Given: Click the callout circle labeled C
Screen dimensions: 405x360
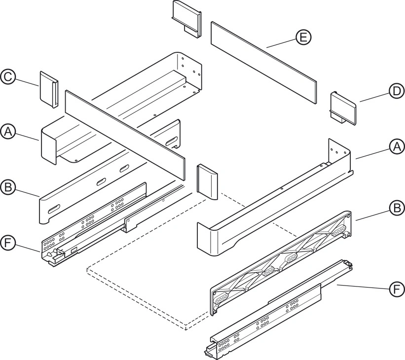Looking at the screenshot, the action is tap(8, 77).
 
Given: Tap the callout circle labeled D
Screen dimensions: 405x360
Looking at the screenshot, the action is tap(397, 91).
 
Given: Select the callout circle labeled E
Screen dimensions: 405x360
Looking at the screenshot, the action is tap(303, 37).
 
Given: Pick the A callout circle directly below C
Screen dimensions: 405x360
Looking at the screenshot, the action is tap(8, 132).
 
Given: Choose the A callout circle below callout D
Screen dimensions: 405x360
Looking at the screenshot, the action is tap(397, 146).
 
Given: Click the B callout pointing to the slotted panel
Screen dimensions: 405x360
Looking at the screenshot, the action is tap(8, 187).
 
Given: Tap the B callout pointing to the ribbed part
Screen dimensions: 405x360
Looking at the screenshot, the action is tap(397, 208).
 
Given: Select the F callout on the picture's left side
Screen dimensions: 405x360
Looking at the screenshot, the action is tap(8, 243).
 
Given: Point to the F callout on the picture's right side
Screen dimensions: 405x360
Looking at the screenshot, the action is tap(397, 289).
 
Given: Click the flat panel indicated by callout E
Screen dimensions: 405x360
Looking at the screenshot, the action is tap(264, 63).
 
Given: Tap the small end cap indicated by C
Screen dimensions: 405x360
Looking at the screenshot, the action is tap(49, 90).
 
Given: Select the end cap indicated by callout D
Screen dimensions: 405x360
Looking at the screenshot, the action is tap(343, 108).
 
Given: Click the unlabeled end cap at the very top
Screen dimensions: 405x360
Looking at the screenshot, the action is tap(186, 19).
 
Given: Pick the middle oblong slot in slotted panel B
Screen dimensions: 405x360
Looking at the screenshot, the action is tap(103, 182).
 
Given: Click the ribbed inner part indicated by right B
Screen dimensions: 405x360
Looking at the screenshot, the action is tap(281, 263).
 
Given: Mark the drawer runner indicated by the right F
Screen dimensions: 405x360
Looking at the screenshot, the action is tap(278, 310).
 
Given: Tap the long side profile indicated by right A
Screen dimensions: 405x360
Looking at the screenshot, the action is tap(275, 198).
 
